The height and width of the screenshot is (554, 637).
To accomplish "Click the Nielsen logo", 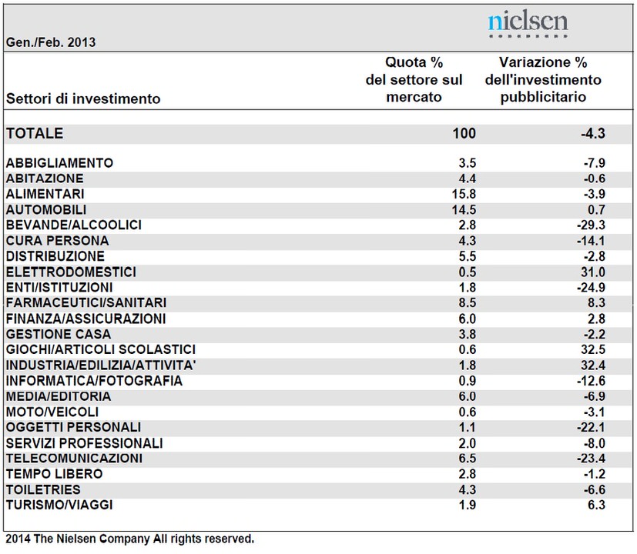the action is point(528,24).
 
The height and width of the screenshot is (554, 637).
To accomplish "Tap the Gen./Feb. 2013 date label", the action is point(51,42).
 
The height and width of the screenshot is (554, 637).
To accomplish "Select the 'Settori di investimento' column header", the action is point(83,98).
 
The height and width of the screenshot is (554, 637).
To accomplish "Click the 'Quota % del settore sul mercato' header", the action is point(414,79).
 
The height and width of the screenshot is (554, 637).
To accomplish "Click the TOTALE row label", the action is point(35,134).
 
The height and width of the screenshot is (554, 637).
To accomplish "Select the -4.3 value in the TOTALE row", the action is point(593,134).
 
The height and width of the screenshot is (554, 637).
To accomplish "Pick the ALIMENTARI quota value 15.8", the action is point(464,194).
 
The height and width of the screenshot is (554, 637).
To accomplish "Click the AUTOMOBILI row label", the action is point(46,210).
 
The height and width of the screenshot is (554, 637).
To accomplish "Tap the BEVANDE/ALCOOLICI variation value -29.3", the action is point(591,225).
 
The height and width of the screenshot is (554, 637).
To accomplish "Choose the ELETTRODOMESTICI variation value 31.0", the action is point(593,272).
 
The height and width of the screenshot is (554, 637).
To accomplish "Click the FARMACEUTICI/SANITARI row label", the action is point(86,302).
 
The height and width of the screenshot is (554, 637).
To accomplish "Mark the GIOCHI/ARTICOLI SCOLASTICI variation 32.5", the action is point(593,349).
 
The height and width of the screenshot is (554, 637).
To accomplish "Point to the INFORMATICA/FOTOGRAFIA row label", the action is point(94,381).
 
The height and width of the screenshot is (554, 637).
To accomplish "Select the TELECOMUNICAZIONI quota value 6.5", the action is point(468,459).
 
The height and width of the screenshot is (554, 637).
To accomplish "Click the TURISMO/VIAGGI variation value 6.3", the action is point(596,505).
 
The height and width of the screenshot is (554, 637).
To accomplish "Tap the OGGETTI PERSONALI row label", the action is point(73,427).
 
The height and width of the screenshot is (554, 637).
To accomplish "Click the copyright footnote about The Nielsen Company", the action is point(130,539).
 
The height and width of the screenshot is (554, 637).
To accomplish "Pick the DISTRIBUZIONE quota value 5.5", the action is point(468,256).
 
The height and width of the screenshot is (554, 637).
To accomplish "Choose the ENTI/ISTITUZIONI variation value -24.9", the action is point(591,287).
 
